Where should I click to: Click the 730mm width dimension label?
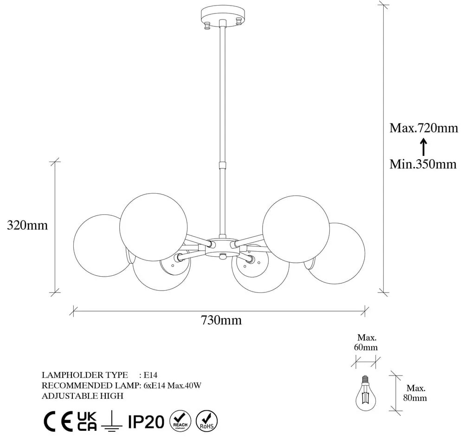[x=221, y=320]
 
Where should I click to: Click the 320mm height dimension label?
[x=27, y=226]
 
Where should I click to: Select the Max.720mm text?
[x=423, y=128]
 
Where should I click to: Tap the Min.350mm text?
[x=423, y=164]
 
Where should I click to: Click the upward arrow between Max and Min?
[x=423, y=147]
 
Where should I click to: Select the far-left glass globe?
[x=99, y=244]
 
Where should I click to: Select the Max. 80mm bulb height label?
[x=416, y=393]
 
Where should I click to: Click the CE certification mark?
[x=58, y=421]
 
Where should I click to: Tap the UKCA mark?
[x=87, y=421]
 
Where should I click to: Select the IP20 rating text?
[x=146, y=421]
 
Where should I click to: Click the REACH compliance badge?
[x=180, y=421]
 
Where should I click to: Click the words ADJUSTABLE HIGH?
[x=82, y=396]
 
